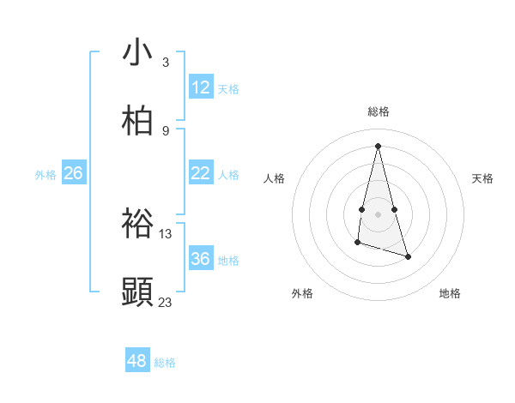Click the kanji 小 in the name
pyautogui.click(x=138, y=53)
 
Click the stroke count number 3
pyautogui.click(x=165, y=62)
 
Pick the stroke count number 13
pyautogui.click(x=166, y=233)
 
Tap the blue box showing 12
pyautogui.click(x=201, y=87)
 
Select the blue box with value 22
pyautogui.click(x=201, y=173)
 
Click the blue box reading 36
pyautogui.click(x=201, y=259)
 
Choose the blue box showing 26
pyautogui.click(x=73, y=173)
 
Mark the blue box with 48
pyautogui.click(x=137, y=361)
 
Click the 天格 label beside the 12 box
pyautogui.click(x=228, y=89)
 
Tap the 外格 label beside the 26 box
pyautogui.click(x=45, y=175)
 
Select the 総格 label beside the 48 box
pyautogui.click(x=165, y=363)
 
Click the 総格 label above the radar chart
pyautogui.click(x=379, y=111)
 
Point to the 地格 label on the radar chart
pyautogui.click(x=450, y=293)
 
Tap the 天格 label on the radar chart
pyautogui.click(x=483, y=178)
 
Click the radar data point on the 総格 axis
pyautogui.click(x=379, y=145)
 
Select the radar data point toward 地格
pyautogui.click(x=408, y=256)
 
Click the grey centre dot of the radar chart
pyautogui.click(x=379, y=214)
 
